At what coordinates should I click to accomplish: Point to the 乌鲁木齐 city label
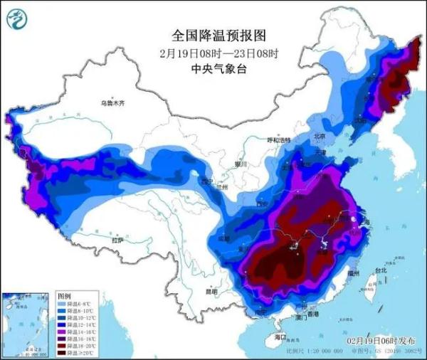pyautogui.click(x=112, y=103)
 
